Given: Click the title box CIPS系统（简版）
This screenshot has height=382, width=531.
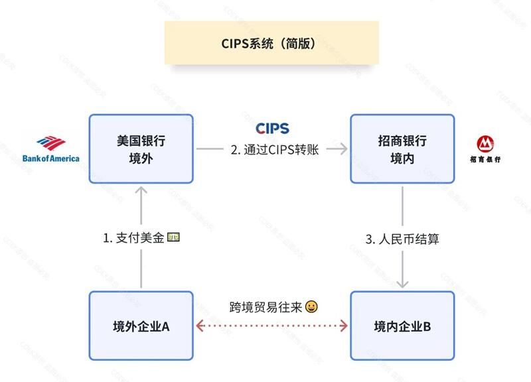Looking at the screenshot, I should point(271,43).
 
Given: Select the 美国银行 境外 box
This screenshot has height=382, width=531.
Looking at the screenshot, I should point(141,149).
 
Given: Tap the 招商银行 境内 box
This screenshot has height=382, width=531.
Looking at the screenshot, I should point(402,149).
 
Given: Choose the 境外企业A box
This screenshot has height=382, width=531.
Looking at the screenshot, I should point(141,326).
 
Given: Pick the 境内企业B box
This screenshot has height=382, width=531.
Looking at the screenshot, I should point(402,326).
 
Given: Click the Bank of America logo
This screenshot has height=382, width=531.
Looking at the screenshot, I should point(50,149).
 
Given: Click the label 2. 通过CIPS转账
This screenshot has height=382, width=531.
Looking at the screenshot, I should point(275,150).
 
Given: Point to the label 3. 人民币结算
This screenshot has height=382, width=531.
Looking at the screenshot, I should point(403,239).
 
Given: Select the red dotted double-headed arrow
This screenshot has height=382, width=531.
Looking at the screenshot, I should point(271,326).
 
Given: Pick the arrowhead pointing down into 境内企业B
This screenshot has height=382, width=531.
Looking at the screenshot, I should point(403,283).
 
